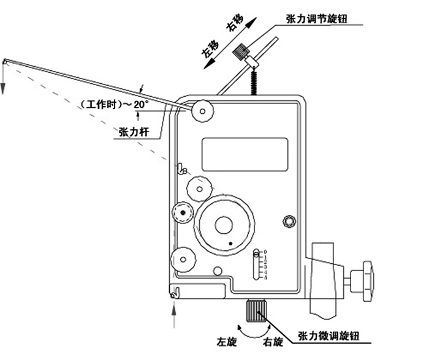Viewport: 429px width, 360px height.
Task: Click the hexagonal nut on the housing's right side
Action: (287, 220)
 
